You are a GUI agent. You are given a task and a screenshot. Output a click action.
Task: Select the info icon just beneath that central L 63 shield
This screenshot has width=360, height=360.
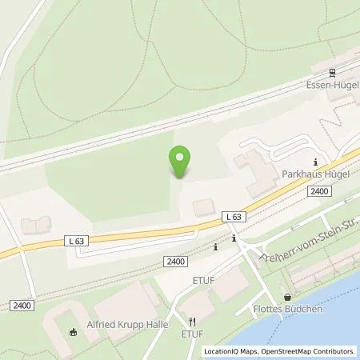[x=233, y=238]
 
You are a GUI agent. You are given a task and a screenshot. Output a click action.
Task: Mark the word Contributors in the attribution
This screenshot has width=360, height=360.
[x=333, y=351]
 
